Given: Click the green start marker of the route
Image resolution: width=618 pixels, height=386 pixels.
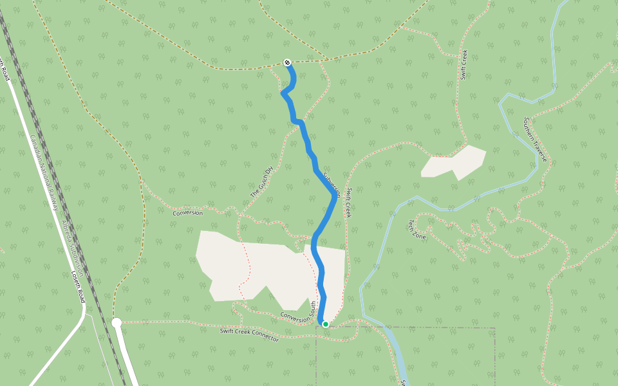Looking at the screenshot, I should point(326,324).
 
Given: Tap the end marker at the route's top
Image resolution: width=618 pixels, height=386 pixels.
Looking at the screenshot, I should point(288,62).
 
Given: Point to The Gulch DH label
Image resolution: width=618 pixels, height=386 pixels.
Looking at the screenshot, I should point(262,181).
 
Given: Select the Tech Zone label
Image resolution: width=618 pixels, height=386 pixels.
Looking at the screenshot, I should point(417,229).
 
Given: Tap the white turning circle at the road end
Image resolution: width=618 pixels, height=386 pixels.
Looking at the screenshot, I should point(117,322).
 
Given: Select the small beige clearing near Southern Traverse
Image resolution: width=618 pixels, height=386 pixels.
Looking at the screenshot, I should point(454,163).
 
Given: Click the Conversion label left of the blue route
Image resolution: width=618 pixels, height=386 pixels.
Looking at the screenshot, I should point(187,213).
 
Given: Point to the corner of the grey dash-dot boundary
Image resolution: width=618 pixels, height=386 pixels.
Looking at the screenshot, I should point(494,328).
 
